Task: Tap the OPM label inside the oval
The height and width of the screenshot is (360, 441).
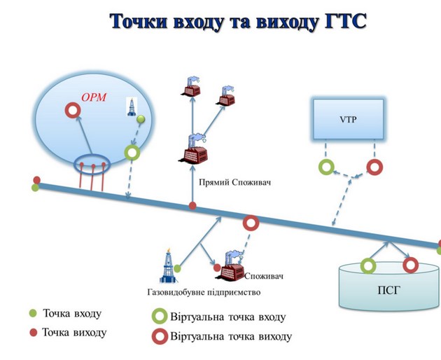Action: tap(94, 97)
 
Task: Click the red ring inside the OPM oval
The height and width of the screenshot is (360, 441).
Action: tap(72, 111)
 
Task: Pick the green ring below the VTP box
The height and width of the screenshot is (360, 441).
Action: tap(326, 167)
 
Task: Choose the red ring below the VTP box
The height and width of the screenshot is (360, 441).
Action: tap(374, 167)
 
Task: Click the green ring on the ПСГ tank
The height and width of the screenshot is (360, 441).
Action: tap(367, 265)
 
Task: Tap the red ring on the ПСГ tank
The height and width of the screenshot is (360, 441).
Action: tap(410, 265)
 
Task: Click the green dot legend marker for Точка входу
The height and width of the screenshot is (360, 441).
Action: tap(33, 313)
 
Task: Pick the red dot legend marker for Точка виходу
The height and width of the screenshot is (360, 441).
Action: tap(33, 332)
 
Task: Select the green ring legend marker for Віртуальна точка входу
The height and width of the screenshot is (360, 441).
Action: tap(160, 317)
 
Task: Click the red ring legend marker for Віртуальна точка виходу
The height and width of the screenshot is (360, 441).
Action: tap(160, 336)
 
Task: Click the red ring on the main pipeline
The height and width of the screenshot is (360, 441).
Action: tap(250, 223)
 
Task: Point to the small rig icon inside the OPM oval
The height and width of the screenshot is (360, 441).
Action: tap(131, 105)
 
